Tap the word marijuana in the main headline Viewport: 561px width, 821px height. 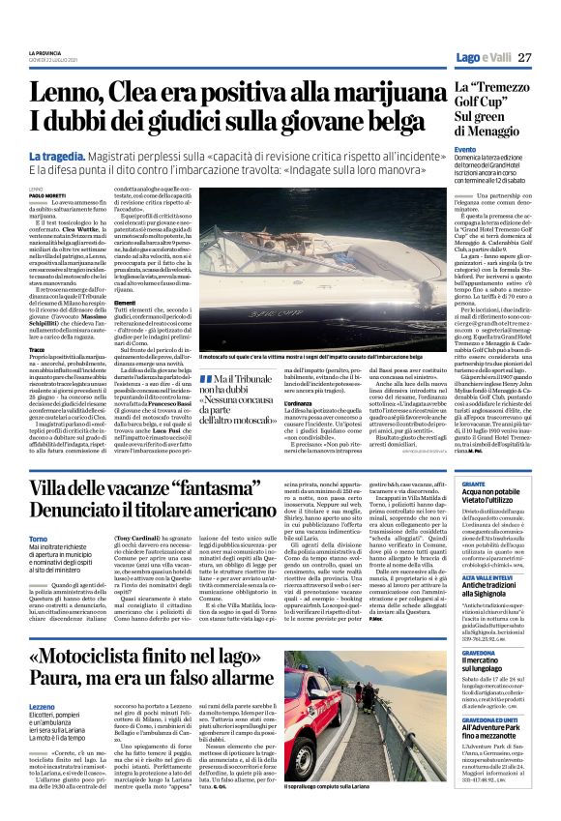coord(369,93)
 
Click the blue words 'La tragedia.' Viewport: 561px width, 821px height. coord(60,156)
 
